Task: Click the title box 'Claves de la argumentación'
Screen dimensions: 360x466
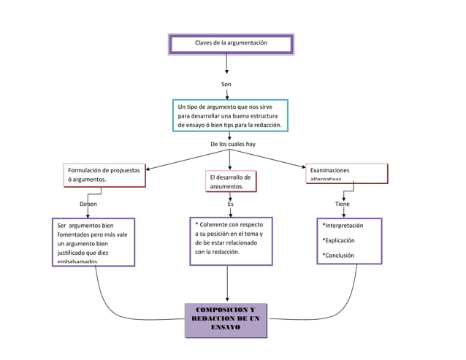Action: point(231,44)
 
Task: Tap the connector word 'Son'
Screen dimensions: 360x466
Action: point(226,85)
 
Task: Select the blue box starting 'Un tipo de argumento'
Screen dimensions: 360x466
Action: point(230,115)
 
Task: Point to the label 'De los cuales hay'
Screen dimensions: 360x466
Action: point(232,144)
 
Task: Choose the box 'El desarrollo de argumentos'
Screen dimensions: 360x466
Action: point(230,182)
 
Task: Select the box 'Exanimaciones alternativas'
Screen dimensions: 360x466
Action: point(345,174)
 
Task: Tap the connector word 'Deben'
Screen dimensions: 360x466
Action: point(88,204)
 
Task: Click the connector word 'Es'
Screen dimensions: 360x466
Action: point(231,204)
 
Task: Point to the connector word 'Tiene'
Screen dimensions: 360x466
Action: point(342,204)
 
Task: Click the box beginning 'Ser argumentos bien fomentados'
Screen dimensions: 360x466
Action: point(93,242)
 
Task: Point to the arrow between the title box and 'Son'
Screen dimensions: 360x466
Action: point(227,64)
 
